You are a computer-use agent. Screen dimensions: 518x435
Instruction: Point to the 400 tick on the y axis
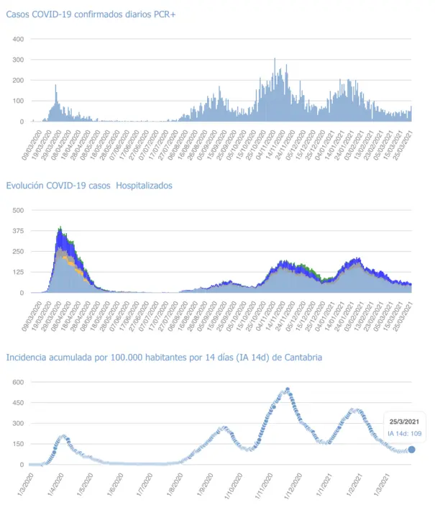tap(18, 39)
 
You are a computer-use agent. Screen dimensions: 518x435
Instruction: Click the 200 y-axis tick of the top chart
tap(18, 81)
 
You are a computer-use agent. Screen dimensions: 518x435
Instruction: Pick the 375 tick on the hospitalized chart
tap(18, 231)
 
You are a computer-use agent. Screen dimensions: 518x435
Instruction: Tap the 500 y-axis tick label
tap(18, 210)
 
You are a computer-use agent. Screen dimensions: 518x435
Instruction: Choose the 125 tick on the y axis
tap(18, 273)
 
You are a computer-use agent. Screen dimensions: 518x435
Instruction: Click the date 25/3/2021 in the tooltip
tap(403, 420)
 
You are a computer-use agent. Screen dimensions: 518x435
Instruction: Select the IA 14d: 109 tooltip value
tap(405, 433)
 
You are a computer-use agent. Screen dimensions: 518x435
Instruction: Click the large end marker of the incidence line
tap(412, 450)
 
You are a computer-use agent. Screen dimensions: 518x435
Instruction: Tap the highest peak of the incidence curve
tap(288, 390)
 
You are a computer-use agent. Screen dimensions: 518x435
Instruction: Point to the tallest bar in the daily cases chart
tap(275, 59)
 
